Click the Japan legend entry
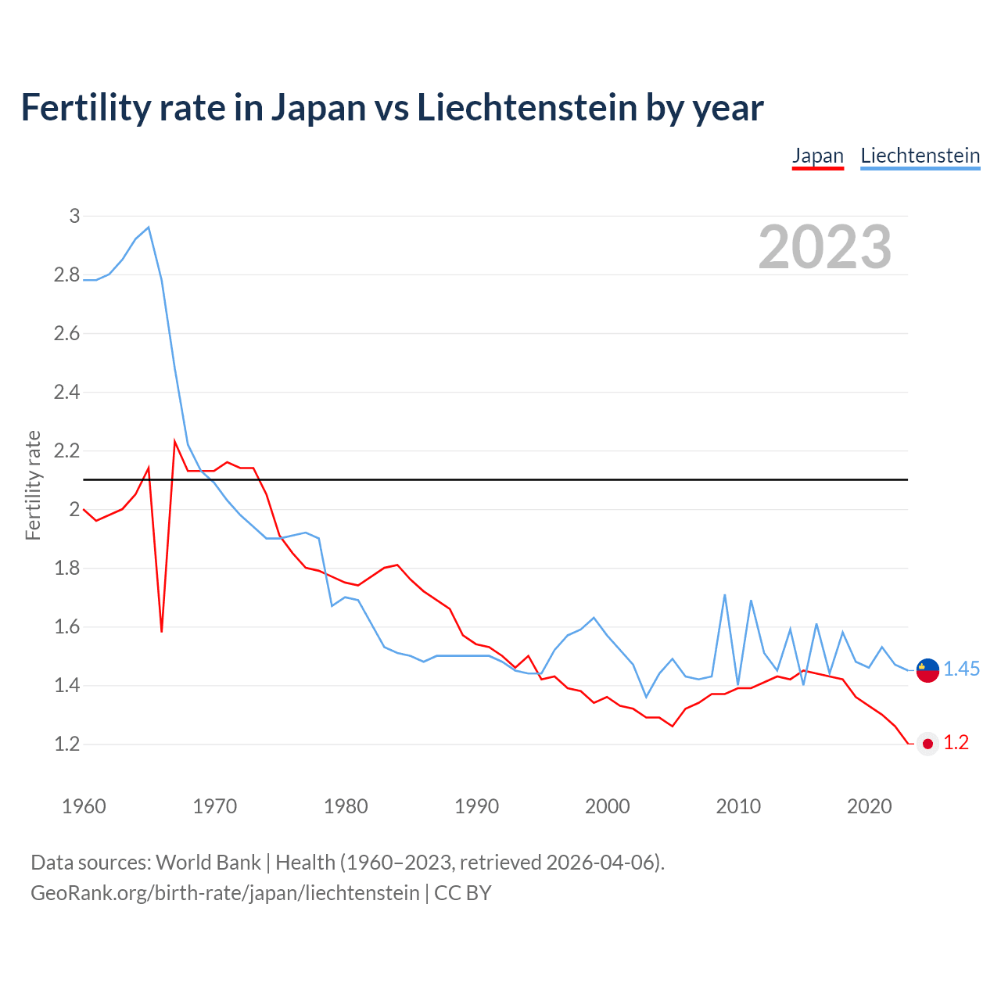click(817, 156)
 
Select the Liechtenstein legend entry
click(920, 156)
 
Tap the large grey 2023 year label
click(825, 247)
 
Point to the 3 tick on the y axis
click(74, 216)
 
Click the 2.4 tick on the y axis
click(67, 392)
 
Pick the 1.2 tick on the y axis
click(67, 744)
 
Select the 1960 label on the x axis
click(84, 806)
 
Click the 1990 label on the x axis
click(476, 806)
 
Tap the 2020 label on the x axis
click(869, 806)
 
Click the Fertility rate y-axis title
click(33, 485)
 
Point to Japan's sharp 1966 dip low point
click(162, 630)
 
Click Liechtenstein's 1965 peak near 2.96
click(149, 228)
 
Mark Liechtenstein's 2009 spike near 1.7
click(725, 595)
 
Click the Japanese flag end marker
click(927, 744)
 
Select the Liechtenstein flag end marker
click(927, 670)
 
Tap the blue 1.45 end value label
click(961, 669)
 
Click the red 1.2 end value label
click(956, 743)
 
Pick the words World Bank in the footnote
click(208, 863)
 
